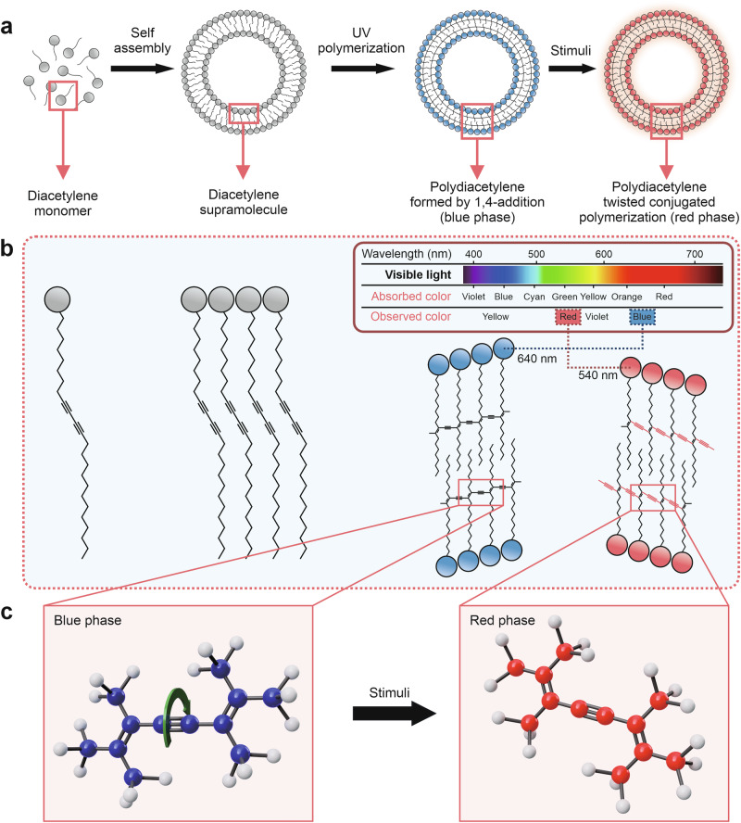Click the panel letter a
coord(6,26)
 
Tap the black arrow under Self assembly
coord(142,69)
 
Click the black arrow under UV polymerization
coord(362,69)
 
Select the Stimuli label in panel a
coord(571,50)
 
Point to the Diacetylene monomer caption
coord(63,203)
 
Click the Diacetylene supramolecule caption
coord(244,202)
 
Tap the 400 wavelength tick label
coord(473,254)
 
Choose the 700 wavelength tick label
coord(695,254)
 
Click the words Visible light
coord(418,274)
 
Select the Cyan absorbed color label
coord(534,297)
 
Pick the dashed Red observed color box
coord(568,316)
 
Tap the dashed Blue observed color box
coord(642,316)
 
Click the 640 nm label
coord(537,359)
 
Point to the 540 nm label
coord(597,374)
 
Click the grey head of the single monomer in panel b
coord(57,299)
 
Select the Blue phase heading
coord(88,620)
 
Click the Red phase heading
coord(502,620)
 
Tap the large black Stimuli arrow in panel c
coord(395,714)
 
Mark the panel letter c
coord(6,612)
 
